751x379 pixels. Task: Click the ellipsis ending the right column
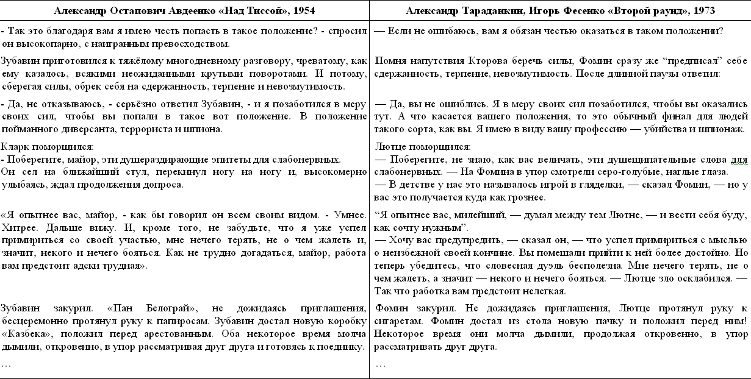click(381, 364)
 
